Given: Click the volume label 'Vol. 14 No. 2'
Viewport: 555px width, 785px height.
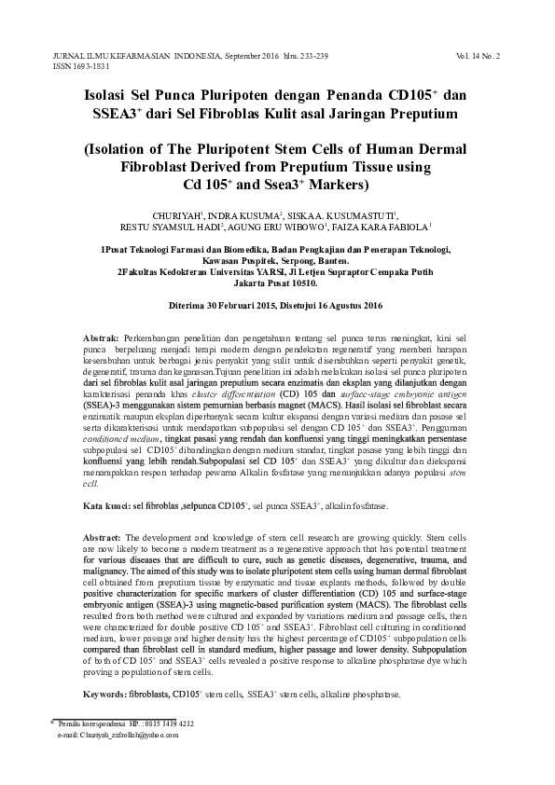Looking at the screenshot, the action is tap(479, 56).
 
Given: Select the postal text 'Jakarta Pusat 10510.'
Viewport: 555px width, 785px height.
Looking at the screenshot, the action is tap(277, 284).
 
